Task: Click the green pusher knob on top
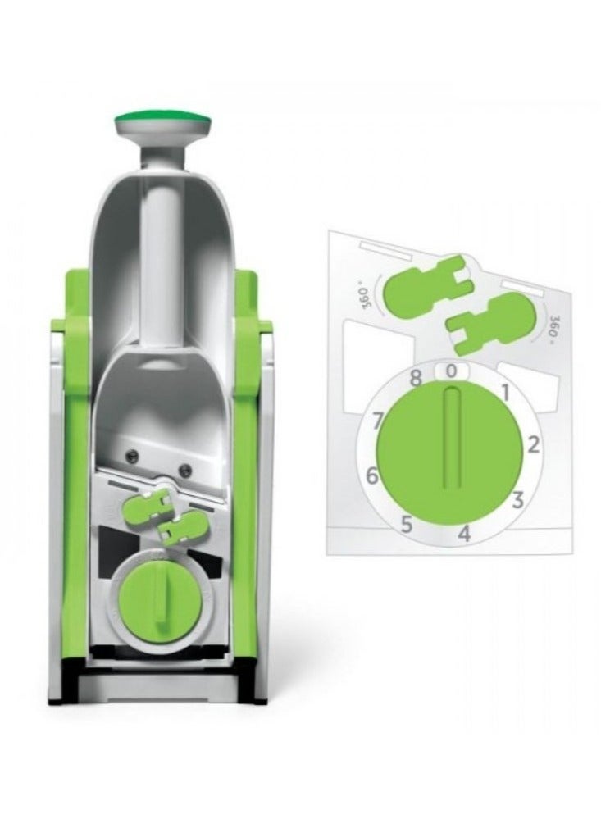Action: point(164,121)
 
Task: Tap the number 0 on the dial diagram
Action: point(452,371)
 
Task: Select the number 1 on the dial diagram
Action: point(505,391)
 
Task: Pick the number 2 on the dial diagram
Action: point(533,445)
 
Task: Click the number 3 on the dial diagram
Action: point(517,500)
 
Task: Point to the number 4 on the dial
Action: point(465,535)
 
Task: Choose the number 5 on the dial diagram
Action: point(407,523)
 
